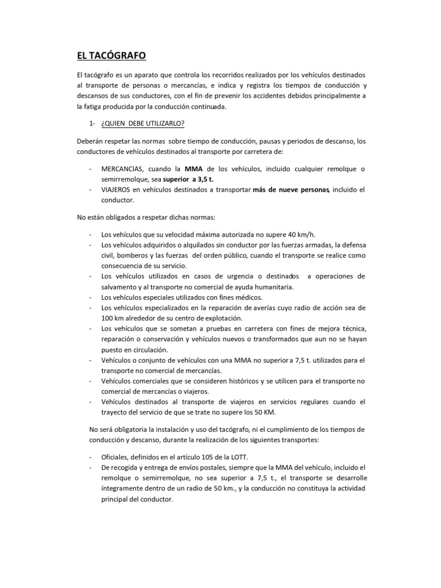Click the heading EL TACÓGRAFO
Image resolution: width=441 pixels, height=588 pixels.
[112, 55]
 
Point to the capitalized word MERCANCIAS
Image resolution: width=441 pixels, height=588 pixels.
[122, 169]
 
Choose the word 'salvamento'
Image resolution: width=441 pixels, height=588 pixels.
[122, 287]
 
